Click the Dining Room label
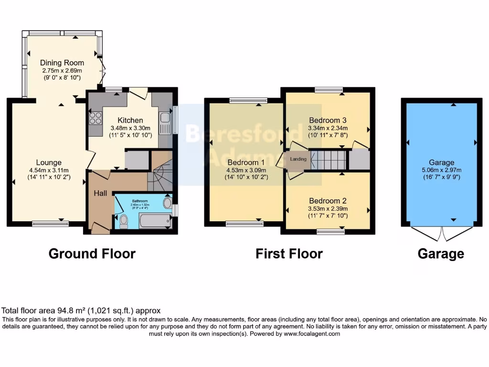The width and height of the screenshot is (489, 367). (x=62, y=63)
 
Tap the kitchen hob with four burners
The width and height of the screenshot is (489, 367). (x=96, y=117)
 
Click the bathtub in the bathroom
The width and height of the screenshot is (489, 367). (x=154, y=221)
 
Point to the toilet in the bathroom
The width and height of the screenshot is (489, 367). (x=124, y=220)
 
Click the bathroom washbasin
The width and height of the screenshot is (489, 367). (x=167, y=203)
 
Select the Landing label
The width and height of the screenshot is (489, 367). (x=298, y=159)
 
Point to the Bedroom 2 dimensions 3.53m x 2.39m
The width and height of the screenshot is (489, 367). (x=328, y=208)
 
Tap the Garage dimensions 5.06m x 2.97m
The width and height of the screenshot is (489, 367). (x=441, y=171)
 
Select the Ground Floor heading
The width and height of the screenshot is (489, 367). (x=92, y=254)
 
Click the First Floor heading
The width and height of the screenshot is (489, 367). (x=289, y=254)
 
